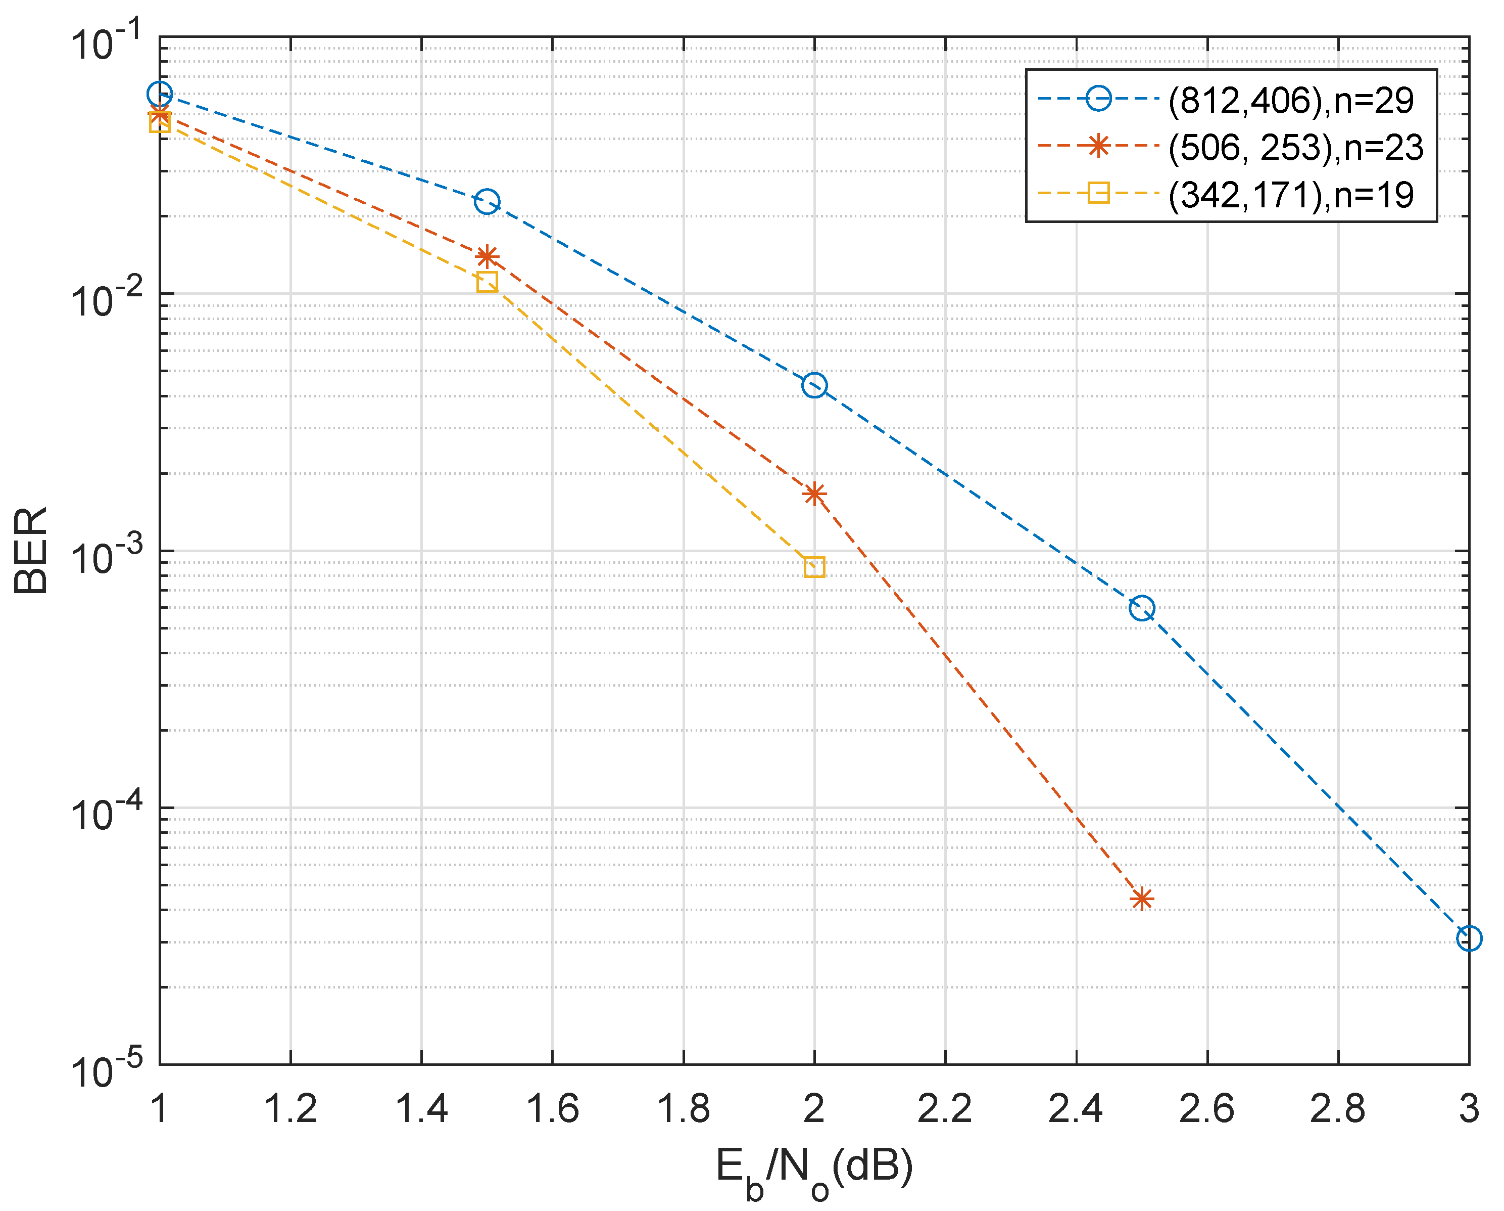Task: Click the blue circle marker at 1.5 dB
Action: coord(487,202)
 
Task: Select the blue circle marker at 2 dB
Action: coord(814,385)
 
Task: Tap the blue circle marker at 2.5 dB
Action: coord(1141,608)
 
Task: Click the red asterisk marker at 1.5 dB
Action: coord(487,257)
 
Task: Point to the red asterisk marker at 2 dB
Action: coord(814,494)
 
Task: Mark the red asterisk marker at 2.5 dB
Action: coord(1141,899)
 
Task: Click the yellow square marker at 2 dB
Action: coord(814,567)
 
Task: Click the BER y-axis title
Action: coord(31,550)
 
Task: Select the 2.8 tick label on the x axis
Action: coord(1337,1109)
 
